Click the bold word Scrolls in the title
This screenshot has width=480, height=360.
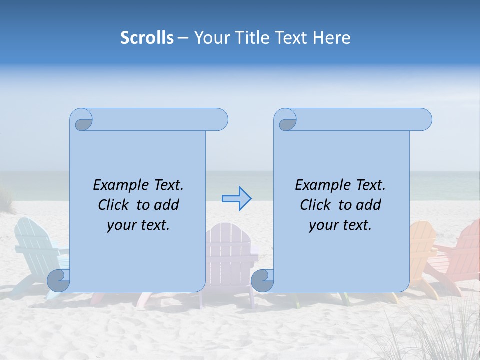click(x=147, y=38)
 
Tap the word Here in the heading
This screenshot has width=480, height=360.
click(x=331, y=38)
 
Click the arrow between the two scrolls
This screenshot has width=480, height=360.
click(x=236, y=198)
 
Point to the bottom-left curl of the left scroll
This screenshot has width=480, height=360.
click(x=58, y=280)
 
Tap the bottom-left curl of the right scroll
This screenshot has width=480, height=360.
click(x=262, y=280)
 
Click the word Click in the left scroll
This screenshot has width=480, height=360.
click(x=113, y=205)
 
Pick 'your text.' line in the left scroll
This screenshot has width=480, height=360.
click(x=138, y=225)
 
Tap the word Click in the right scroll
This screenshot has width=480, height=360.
click(x=315, y=205)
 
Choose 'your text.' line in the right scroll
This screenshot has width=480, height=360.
click(x=340, y=225)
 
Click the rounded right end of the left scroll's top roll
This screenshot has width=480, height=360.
click(x=220, y=120)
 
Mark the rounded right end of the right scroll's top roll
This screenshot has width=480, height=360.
click(x=424, y=120)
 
